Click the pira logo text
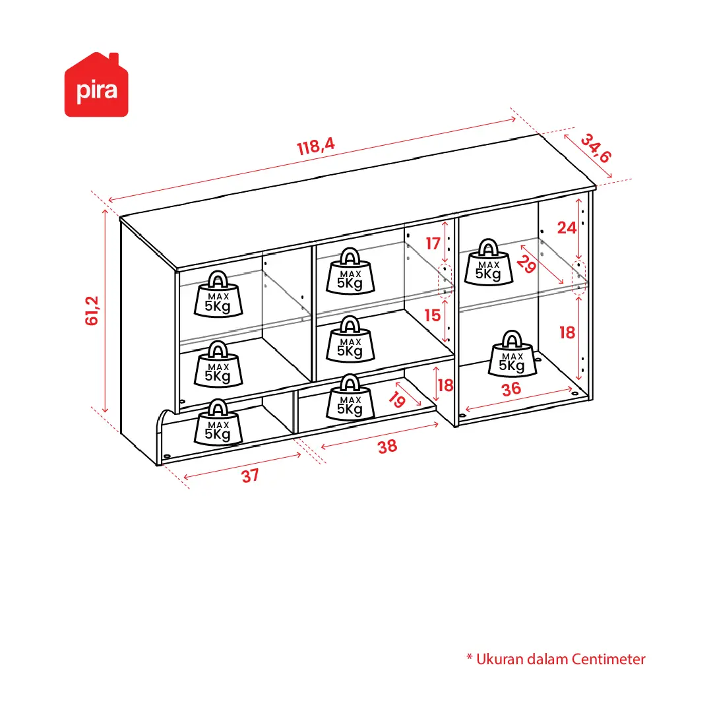pos(97,90)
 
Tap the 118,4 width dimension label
pos(316,146)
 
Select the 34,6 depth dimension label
pos(596,148)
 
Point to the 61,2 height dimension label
pos(92,311)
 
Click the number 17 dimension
pos(433,244)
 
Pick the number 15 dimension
pos(433,315)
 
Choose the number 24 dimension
pos(567,228)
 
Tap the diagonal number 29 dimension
pos(526,264)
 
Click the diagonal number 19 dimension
pos(397,400)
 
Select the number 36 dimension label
pos(511,389)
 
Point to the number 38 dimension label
pos(387,447)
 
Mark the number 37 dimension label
pos(250,476)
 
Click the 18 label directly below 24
pos(567,333)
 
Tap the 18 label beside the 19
pos(445,386)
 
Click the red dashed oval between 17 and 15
pos(445,280)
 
